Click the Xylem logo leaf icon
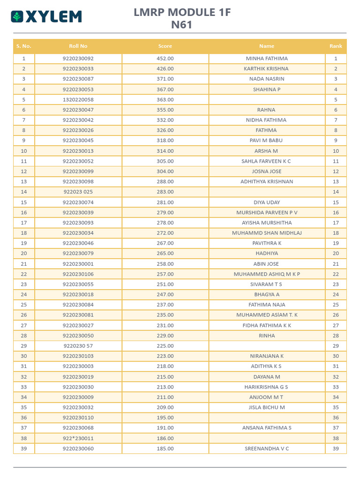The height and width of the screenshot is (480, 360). [x=17, y=17]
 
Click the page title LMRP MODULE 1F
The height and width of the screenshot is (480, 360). [x=182, y=13]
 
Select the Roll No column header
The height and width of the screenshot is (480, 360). [x=78, y=46]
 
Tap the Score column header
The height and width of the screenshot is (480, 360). [x=165, y=46]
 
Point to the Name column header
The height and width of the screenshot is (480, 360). [x=267, y=46]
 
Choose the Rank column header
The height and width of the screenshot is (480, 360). [x=336, y=46]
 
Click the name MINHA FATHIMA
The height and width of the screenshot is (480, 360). [x=267, y=59]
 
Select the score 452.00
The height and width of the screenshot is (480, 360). [x=165, y=59]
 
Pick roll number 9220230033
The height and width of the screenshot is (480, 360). [x=78, y=68]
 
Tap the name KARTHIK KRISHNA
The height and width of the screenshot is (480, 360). [x=267, y=68]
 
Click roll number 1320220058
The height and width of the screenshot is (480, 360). [x=78, y=99]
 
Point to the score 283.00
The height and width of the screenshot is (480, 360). [x=165, y=192]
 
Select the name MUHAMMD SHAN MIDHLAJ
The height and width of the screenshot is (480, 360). [x=267, y=233]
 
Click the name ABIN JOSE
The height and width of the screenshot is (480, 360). [x=266, y=264]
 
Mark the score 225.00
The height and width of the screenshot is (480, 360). [x=165, y=346]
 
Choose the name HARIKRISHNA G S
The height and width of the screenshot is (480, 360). [x=266, y=387]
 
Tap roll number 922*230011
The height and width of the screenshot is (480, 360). [x=78, y=438]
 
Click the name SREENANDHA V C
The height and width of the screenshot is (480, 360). [x=267, y=449]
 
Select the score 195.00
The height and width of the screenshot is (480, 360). [x=165, y=418]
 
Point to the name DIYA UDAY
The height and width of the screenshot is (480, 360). [x=267, y=202]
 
